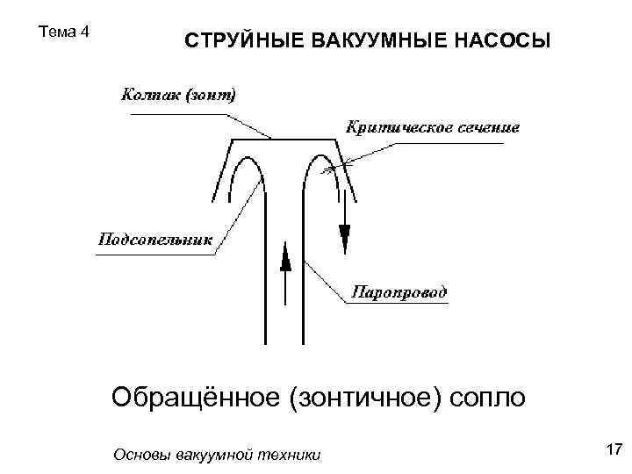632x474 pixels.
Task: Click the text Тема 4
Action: click(65, 32)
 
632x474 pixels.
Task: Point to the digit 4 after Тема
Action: click(85, 32)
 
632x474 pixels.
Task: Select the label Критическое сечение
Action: click(433, 127)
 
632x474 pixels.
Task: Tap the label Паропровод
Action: click(399, 291)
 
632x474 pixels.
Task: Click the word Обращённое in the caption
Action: click(191, 398)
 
